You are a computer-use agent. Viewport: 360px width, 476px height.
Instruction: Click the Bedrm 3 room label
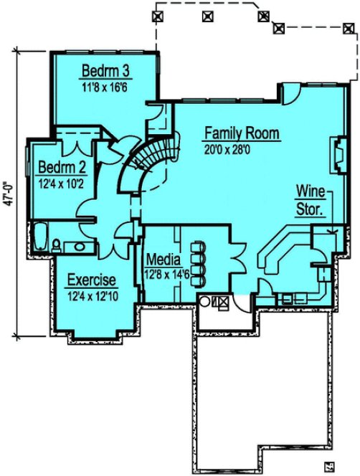coord(105,71)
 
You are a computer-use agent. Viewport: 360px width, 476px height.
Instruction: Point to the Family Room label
coord(241,134)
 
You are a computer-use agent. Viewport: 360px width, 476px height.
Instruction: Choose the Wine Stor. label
coord(311,201)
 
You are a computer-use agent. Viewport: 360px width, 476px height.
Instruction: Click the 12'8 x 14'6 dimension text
coord(167,273)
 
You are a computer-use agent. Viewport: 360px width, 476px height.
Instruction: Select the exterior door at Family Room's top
coord(292,94)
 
